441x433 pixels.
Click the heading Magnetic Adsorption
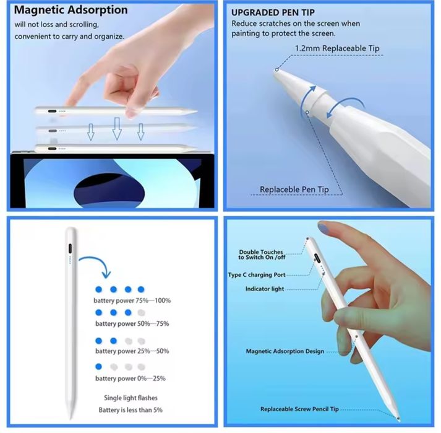71,10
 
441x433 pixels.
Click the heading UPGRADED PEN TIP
273,12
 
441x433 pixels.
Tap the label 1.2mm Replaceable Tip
337,48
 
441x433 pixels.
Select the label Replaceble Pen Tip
294,190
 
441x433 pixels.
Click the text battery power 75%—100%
132,300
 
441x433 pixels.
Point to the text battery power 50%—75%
132,324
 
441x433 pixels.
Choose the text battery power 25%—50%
132,351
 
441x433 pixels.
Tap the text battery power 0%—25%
131,378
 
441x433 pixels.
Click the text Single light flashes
131,398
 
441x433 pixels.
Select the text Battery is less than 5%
131,410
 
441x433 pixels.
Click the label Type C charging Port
257,275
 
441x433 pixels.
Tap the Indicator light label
265,289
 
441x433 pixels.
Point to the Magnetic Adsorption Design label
285,351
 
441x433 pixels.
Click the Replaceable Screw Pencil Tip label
299,409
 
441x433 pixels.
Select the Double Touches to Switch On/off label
262,255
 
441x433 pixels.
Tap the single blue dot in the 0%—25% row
98,367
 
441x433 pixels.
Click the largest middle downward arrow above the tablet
117,129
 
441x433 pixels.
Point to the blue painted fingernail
323,227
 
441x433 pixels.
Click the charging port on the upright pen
70,249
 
